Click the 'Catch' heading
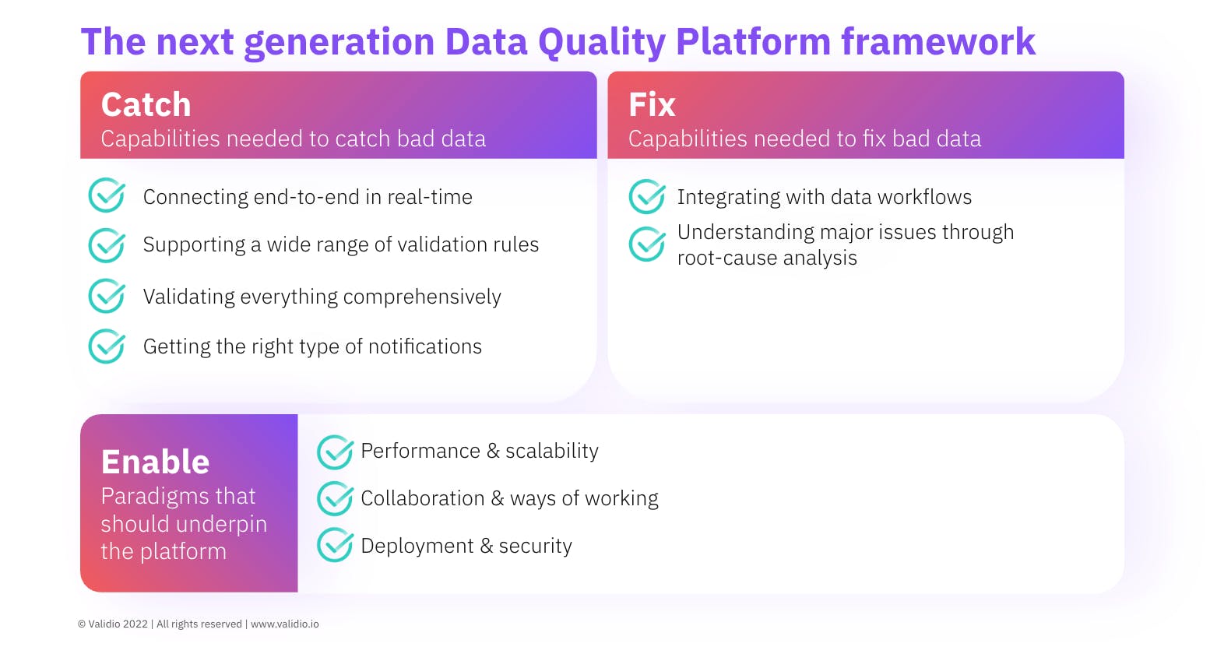146,105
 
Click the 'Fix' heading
651,105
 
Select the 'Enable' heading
155,462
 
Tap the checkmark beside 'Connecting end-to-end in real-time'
106,196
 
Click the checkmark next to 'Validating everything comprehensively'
106,297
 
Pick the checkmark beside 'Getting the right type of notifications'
106,346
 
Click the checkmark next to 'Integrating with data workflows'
646,196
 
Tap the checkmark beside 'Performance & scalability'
335,452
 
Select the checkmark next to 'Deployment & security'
335,546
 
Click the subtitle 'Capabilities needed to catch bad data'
293,139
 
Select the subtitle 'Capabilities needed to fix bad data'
804,139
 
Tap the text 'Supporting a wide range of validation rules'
340,244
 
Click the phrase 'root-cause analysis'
767,258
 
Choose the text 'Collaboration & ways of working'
509,498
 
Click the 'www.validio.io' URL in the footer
284,624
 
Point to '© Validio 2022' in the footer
113,624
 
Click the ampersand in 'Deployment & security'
487,546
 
